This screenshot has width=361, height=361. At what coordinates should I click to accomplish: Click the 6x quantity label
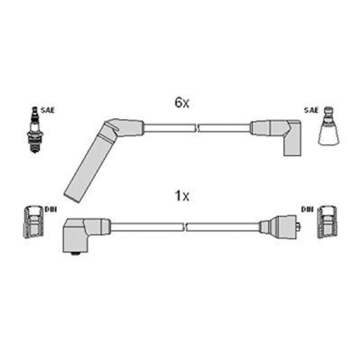[181, 103]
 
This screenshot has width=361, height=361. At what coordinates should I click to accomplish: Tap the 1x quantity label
[181, 196]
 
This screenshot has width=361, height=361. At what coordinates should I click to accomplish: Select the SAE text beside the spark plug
[47, 110]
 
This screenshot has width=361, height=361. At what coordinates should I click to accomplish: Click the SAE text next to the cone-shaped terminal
[311, 110]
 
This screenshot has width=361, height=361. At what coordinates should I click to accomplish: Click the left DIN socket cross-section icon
[33, 222]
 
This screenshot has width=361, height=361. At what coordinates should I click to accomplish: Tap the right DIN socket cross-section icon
[327, 222]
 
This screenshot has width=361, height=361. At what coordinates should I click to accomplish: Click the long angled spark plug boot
[86, 167]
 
